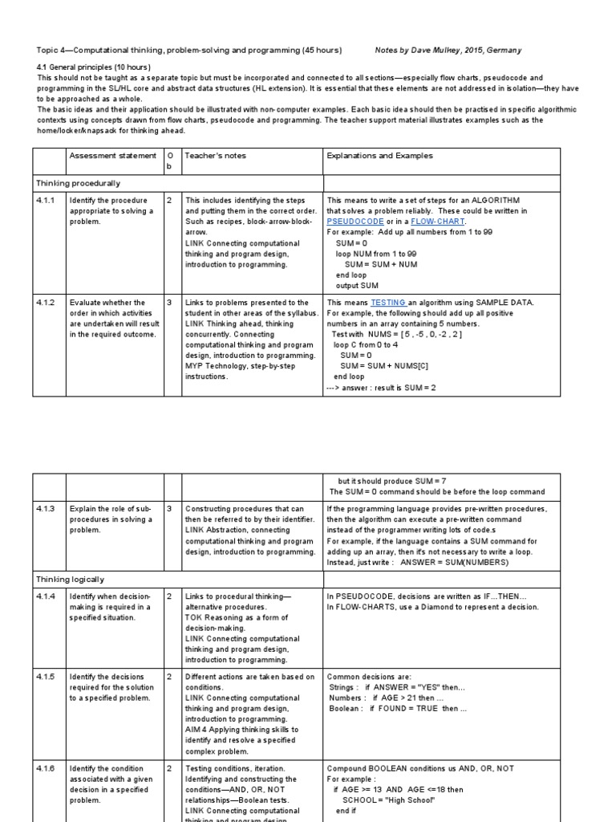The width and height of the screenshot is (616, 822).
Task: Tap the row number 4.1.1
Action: pos(46,200)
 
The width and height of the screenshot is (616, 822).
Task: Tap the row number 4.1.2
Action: pos(46,303)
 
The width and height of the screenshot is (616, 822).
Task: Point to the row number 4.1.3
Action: pos(46,509)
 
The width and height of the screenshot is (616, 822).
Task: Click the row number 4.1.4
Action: pos(46,596)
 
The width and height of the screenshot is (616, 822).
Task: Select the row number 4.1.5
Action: pos(46,678)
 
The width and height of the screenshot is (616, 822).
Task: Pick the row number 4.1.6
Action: pos(46,769)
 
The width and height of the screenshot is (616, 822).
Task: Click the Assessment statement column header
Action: pos(112,156)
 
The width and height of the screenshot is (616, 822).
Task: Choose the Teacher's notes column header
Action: pos(216,156)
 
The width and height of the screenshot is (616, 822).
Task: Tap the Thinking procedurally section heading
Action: pos(77,183)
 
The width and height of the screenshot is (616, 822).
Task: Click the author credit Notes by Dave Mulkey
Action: pos(448,50)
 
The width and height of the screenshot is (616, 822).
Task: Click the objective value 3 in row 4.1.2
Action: pos(169,303)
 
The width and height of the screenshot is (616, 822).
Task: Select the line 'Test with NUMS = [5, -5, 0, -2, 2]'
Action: pos(395,334)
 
